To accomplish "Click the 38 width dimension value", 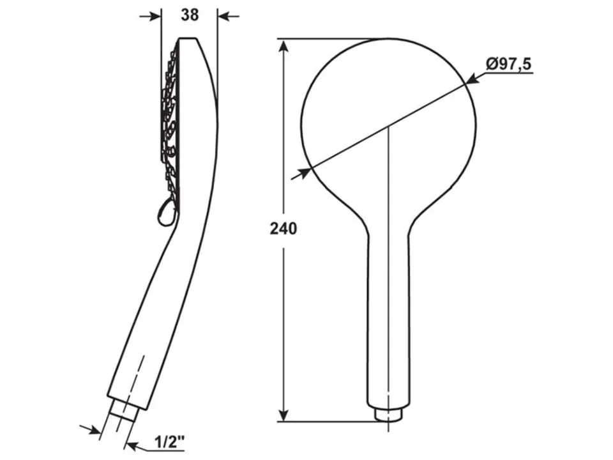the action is pos(190,15).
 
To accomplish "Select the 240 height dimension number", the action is pos(284,229).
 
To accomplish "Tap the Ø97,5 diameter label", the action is pos(509,64).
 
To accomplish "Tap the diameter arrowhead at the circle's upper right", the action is pos(472,79).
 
